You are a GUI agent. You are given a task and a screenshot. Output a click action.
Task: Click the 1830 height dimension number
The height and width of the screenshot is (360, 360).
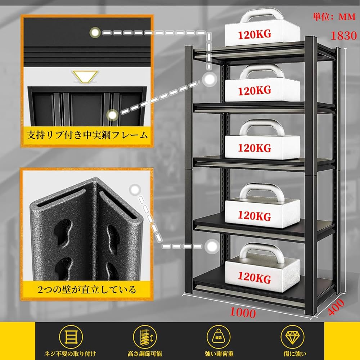344,35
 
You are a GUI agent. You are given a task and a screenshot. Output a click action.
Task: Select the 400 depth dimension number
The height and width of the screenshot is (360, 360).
336,307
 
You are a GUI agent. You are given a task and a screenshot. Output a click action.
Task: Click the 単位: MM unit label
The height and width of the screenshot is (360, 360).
334,17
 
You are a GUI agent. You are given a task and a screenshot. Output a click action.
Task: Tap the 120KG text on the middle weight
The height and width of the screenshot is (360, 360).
254,147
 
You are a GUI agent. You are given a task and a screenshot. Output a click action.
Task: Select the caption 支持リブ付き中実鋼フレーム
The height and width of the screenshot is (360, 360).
87,135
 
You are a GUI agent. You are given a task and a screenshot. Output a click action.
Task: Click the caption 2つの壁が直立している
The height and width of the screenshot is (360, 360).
87,289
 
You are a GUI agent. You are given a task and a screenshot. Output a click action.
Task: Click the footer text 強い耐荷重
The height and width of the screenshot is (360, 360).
219,354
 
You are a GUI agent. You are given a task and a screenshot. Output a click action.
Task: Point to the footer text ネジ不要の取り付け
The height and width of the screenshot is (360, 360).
71,354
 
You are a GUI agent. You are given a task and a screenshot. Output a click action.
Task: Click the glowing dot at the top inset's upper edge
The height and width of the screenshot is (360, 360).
95,33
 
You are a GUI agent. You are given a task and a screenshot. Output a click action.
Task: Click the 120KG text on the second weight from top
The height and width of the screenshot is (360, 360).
254,91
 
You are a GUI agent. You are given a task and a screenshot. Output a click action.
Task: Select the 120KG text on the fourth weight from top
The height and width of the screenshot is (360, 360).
254,216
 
